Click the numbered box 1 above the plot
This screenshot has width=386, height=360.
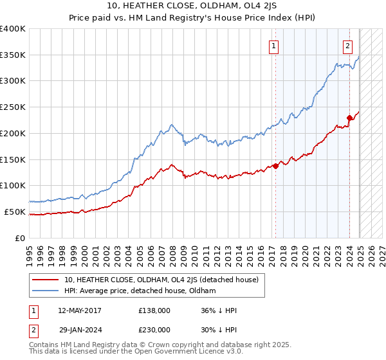tap(274, 46)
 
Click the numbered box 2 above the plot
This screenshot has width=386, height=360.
tap(347, 46)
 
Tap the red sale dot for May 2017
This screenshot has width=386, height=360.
tap(275, 166)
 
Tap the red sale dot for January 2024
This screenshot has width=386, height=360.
tap(349, 118)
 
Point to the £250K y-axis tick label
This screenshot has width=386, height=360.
tap(13, 107)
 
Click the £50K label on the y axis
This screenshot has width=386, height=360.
tap(15, 212)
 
